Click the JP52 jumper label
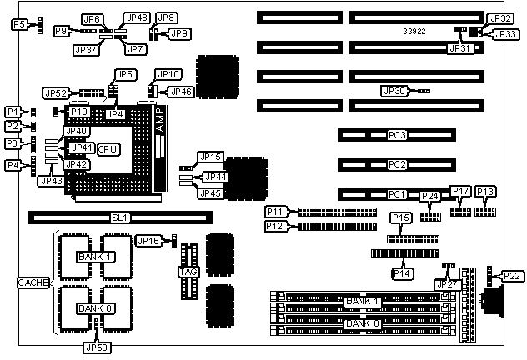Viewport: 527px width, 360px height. (x=57, y=93)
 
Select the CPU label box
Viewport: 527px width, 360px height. (x=108, y=148)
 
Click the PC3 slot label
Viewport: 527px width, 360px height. (x=397, y=135)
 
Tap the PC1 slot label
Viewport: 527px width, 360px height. (x=397, y=194)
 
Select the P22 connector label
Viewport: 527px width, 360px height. (x=512, y=276)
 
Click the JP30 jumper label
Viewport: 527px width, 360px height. (x=394, y=90)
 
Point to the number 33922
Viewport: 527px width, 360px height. (x=414, y=31)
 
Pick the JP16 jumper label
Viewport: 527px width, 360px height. (x=148, y=241)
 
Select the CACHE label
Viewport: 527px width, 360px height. (x=33, y=283)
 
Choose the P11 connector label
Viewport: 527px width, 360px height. (x=276, y=212)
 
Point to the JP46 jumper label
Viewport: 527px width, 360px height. (x=181, y=91)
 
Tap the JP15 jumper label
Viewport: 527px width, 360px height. (x=211, y=157)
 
